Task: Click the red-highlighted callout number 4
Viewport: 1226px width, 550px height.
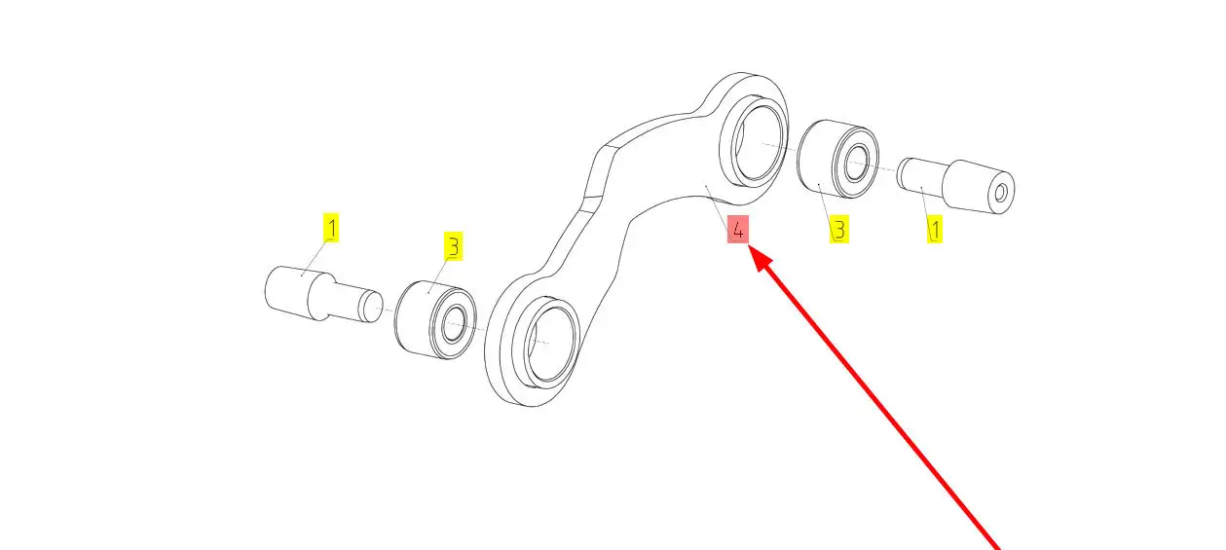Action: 738,230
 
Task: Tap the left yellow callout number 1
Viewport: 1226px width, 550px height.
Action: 332,229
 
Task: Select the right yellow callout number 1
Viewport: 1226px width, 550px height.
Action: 934,230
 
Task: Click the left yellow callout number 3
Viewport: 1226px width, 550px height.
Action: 452,247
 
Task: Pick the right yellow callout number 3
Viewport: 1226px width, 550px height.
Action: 838,230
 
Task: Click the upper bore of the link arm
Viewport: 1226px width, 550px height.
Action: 757,142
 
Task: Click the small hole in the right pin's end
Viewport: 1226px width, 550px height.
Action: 1000,191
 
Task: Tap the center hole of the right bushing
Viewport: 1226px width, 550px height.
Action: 858,164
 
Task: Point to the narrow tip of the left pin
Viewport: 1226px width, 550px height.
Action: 370,307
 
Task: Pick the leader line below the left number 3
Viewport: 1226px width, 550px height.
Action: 440,274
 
